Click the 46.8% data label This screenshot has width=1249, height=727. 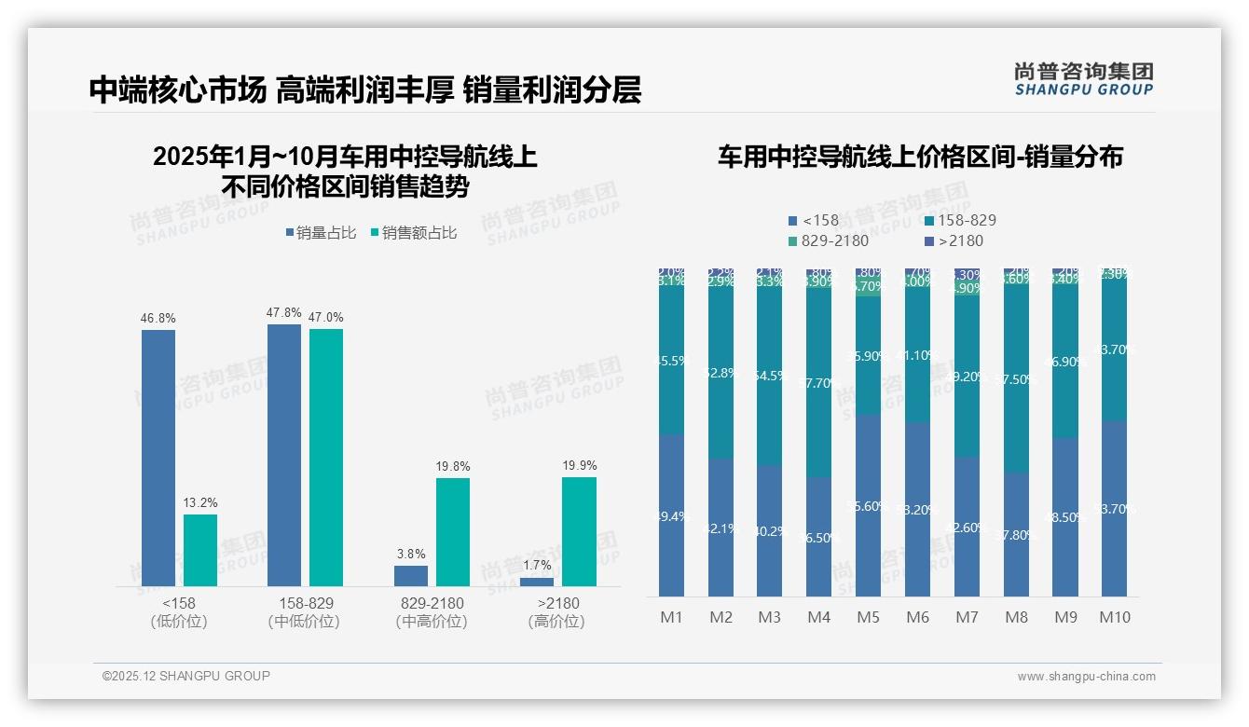pyautogui.click(x=158, y=319)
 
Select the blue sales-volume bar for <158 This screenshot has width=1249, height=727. pyautogui.click(x=158, y=458)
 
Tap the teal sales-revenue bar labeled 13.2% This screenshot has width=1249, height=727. pyautogui.click(x=200, y=550)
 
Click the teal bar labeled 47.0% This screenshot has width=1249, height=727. pyautogui.click(x=326, y=457)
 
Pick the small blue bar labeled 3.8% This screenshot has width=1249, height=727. pyautogui.click(x=411, y=576)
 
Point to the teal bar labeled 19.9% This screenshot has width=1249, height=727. pyautogui.click(x=579, y=531)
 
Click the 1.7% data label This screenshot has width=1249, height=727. pyautogui.click(x=537, y=566)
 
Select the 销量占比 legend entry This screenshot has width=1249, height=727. pyautogui.click(x=320, y=233)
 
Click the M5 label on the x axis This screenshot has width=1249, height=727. pyautogui.click(x=868, y=617)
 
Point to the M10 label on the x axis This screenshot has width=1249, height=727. pyautogui.click(x=1115, y=617)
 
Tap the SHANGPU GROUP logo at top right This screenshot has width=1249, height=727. pyautogui.click(x=1084, y=79)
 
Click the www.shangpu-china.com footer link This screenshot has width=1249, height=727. pyautogui.click(x=1086, y=677)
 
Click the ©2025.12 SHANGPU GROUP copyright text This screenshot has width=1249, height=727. pyautogui.click(x=186, y=676)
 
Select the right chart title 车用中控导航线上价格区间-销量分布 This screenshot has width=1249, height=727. pyautogui.click(x=920, y=157)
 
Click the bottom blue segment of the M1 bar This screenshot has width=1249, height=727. pyautogui.click(x=671, y=515)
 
